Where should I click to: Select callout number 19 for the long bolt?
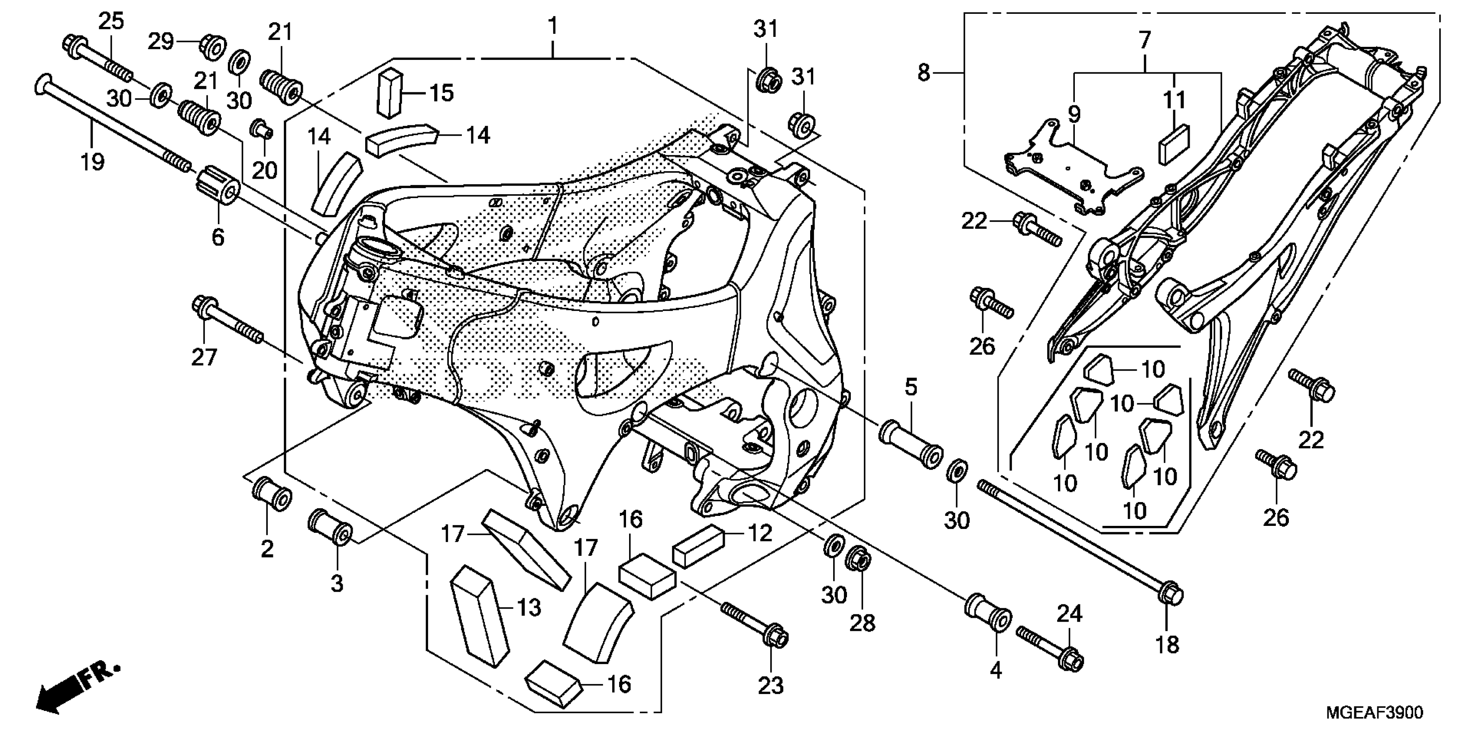pyautogui.click(x=92, y=162)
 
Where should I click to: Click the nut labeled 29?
pyautogui.click(x=213, y=46)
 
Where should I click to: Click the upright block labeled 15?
pyautogui.click(x=390, y=93)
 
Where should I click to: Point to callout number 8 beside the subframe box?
pyautogui.click(x=924, y=73)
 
